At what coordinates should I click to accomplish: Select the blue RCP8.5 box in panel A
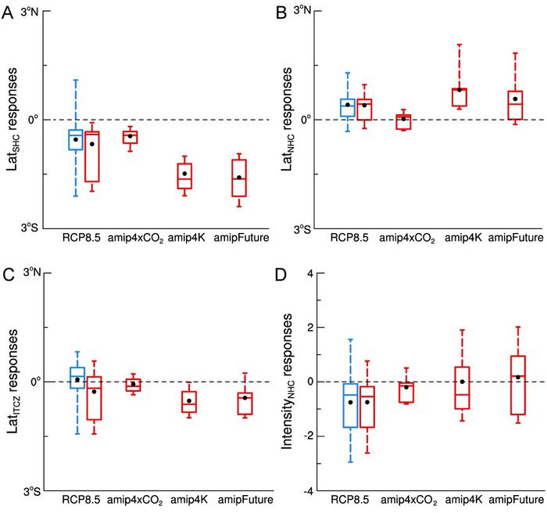76,139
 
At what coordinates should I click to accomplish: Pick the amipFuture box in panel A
239,183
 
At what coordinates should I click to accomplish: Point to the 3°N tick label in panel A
30,12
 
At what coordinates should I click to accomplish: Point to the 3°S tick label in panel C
30,491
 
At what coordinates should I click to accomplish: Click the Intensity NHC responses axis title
294,382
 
